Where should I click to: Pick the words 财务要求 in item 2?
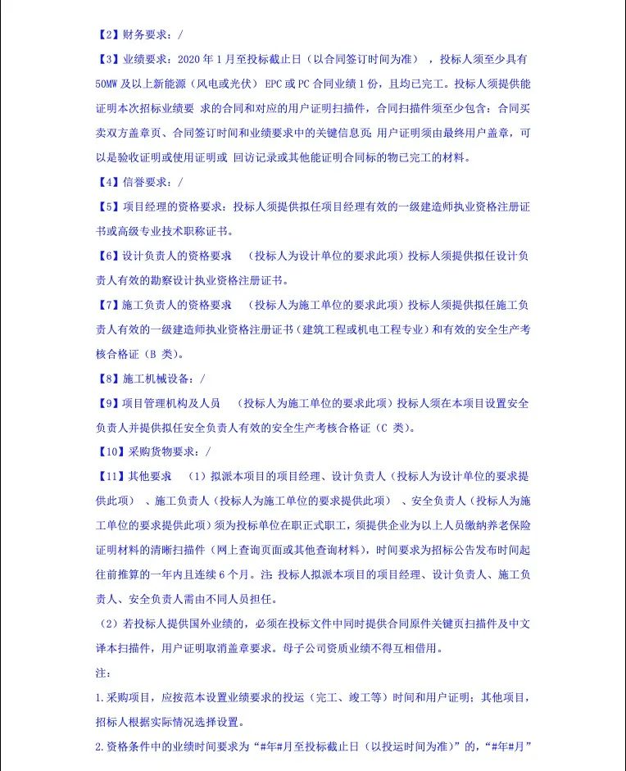point(144,35)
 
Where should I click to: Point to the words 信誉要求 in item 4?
point(144,183)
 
